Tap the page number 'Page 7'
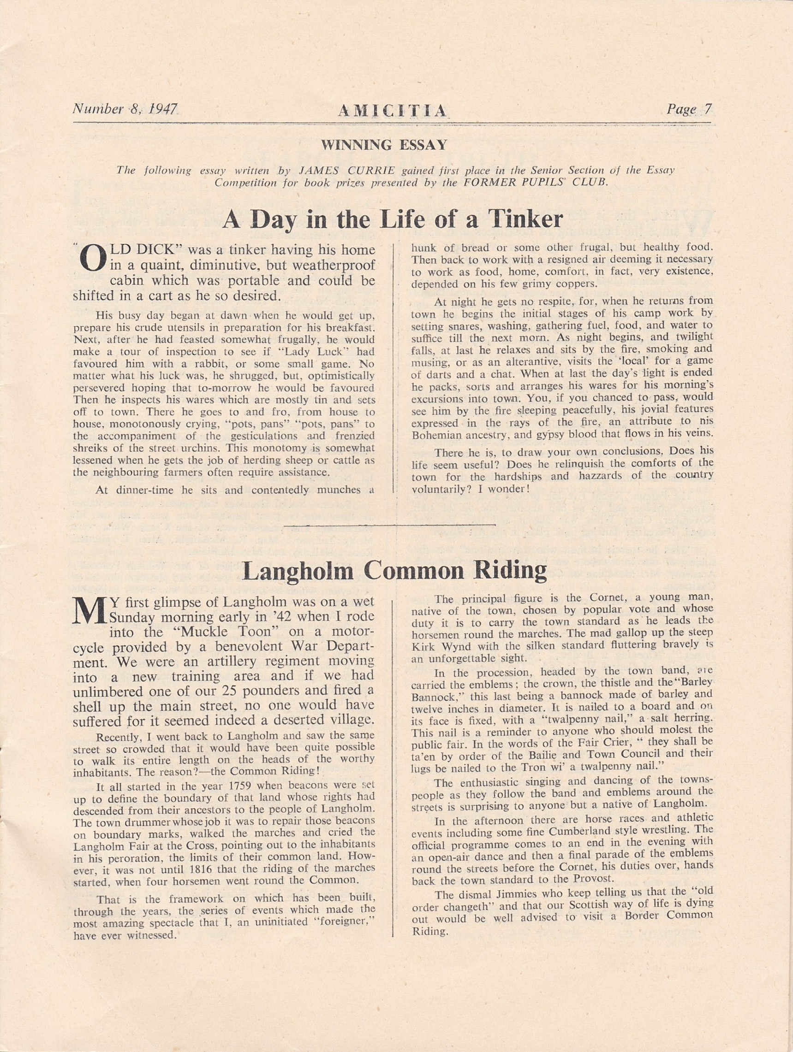tap(689, 110)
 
